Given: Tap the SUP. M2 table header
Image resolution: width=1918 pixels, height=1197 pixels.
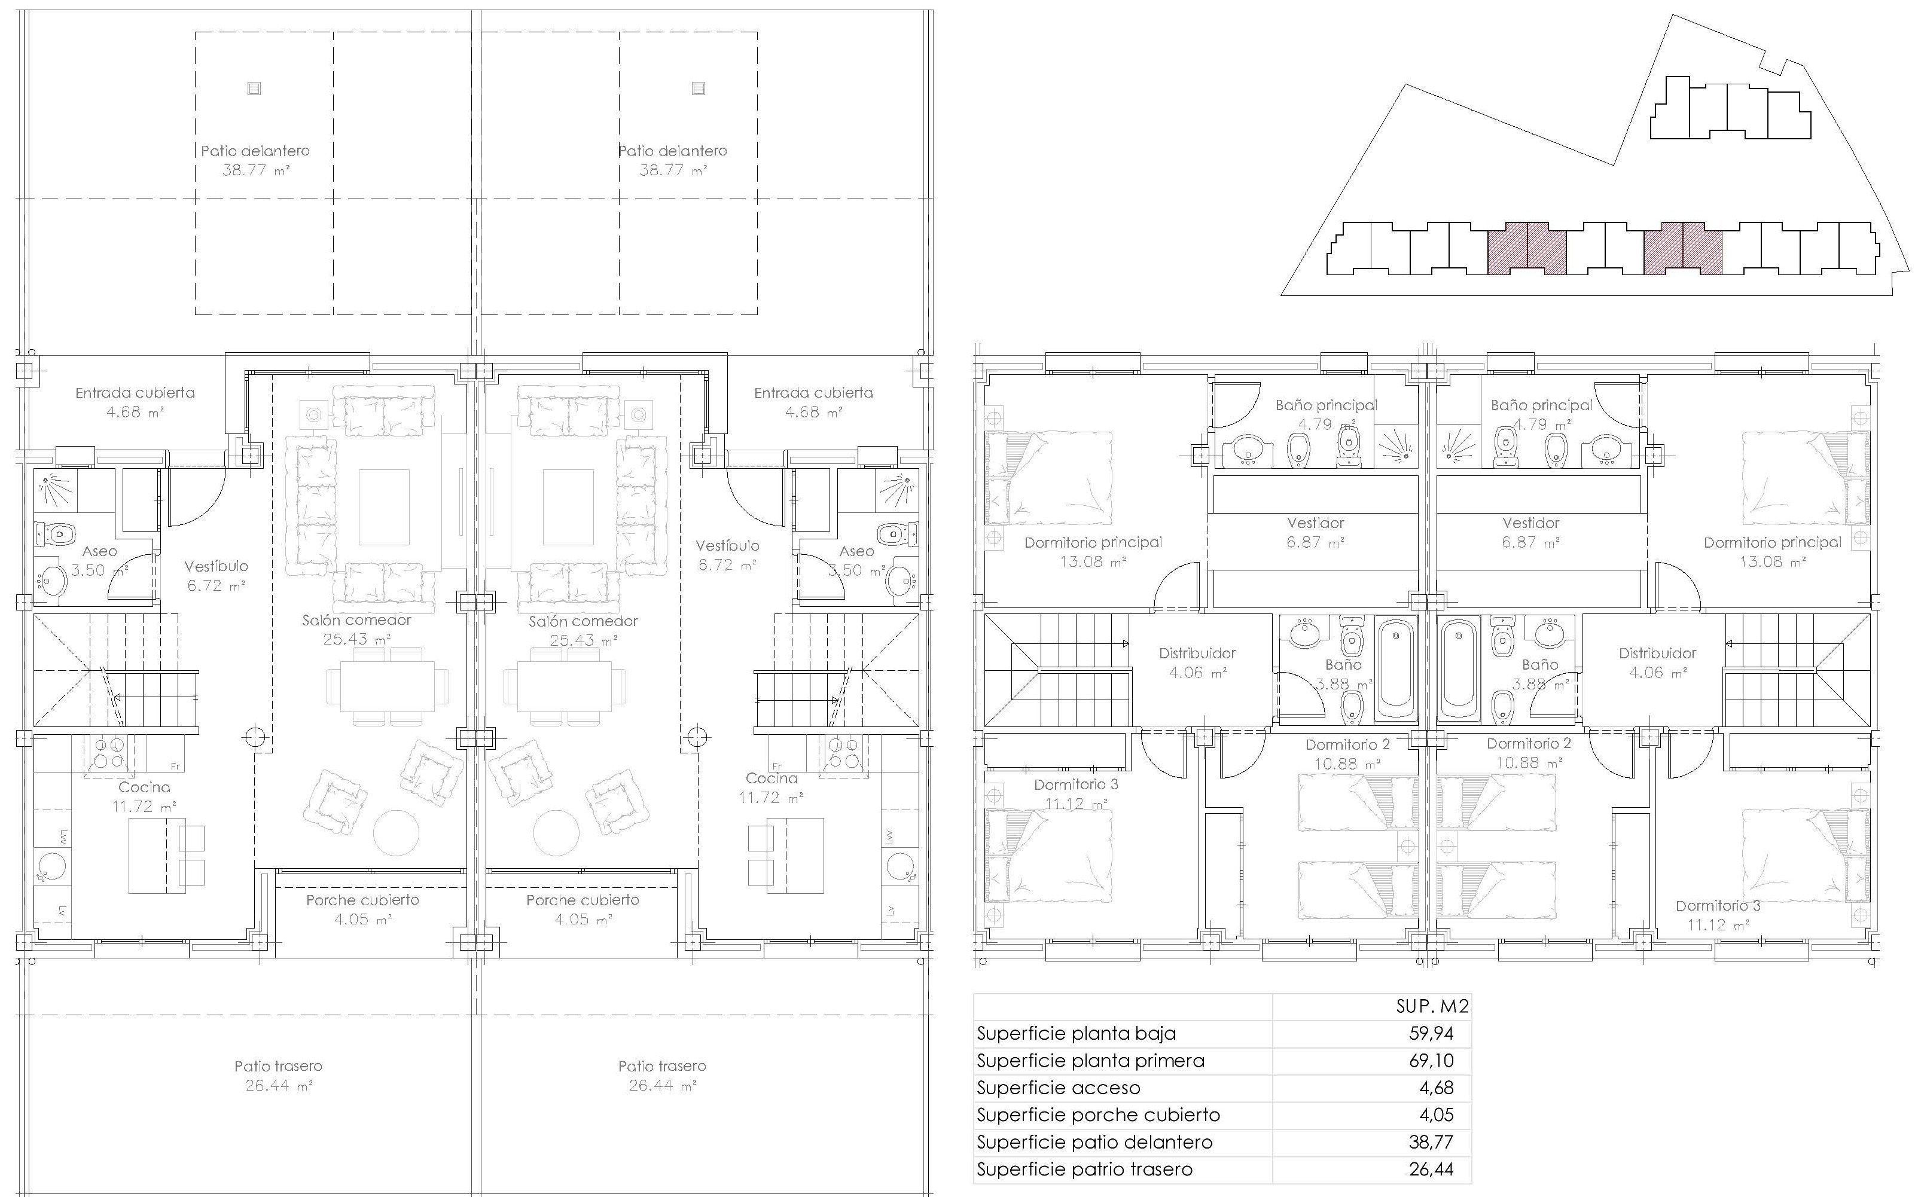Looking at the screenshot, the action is click(1432, 1006).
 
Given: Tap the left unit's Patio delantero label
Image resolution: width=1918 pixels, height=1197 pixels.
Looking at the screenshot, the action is click(255, 151).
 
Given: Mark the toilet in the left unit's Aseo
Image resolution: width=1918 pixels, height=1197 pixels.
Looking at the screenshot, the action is click(56, 533).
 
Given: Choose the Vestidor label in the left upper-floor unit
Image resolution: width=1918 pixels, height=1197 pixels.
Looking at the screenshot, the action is click(1315, 523).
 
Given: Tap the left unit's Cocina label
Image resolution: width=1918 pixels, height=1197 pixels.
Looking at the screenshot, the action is click(144, 787).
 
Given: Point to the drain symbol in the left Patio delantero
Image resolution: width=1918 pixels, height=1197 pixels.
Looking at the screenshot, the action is click(254, 88).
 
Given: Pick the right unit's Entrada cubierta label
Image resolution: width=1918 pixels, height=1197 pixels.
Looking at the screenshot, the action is click(813, 393).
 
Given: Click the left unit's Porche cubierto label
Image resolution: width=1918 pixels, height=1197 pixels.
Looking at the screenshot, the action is click(362, 900).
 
